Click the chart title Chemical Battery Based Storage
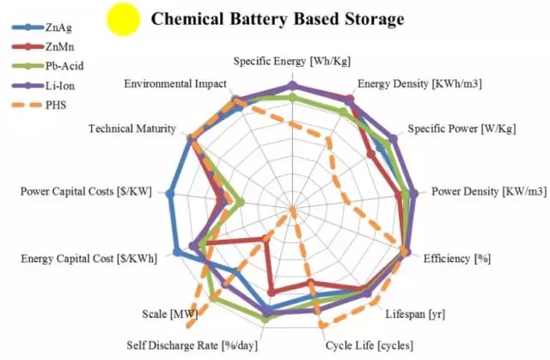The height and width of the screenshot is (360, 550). [x=278, y=17]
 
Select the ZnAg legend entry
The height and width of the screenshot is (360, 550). [x=55, y=27]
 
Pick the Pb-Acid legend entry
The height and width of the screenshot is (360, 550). [x=59, y=66]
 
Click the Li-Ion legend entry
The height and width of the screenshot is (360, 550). [x=58, y=86]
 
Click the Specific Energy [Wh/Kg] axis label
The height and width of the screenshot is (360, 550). [x=292, y=61]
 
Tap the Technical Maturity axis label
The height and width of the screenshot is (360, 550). [x=132, y=129]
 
